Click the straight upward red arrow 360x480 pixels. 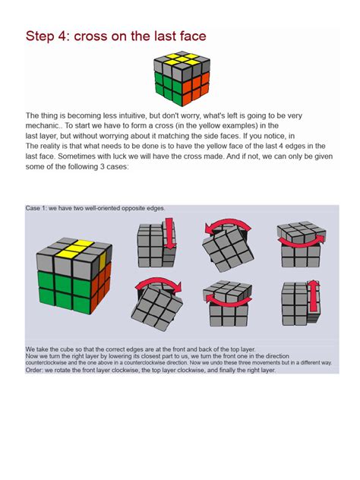pyautogui.click(x=311, y=298)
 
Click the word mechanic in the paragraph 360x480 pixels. pyautogui.click(x=41, y=126)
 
